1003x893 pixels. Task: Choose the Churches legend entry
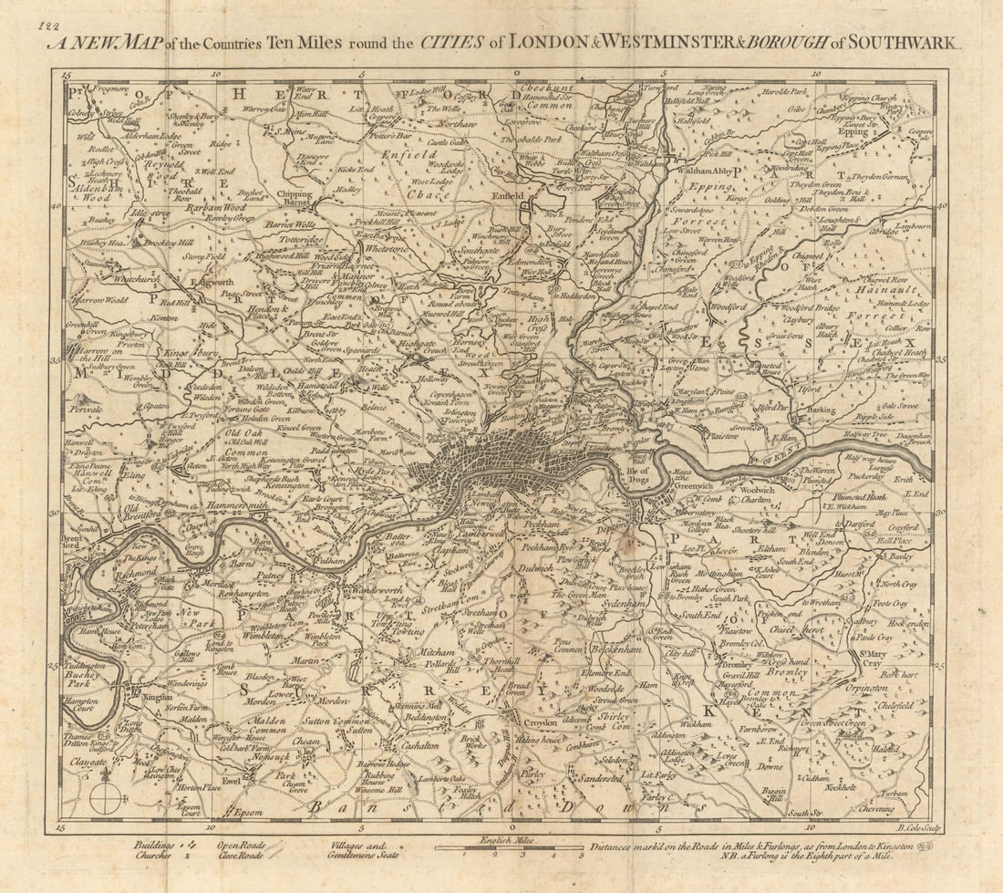[x=156, y=856]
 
